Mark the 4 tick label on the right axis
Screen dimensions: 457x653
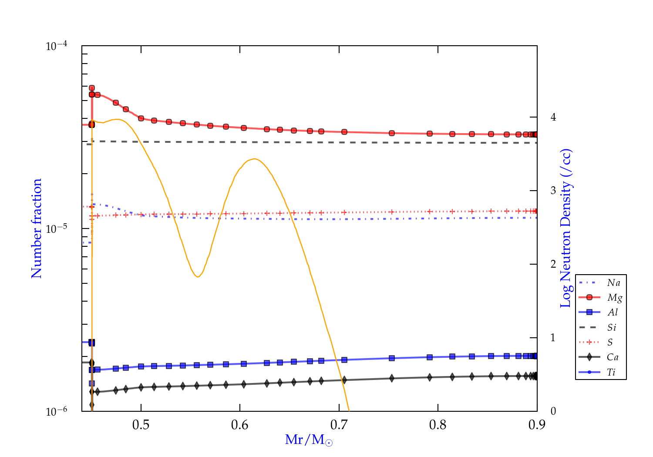tap(553, 117)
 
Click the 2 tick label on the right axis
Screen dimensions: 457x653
tap(553, 264)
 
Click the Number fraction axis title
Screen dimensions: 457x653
tap(37, 228)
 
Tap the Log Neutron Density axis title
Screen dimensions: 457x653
tap(566, 228)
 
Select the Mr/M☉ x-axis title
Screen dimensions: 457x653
tap(309, 440)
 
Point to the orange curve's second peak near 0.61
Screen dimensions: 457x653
tap(254, 159)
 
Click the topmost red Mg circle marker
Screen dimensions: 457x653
tap(92, 88)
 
